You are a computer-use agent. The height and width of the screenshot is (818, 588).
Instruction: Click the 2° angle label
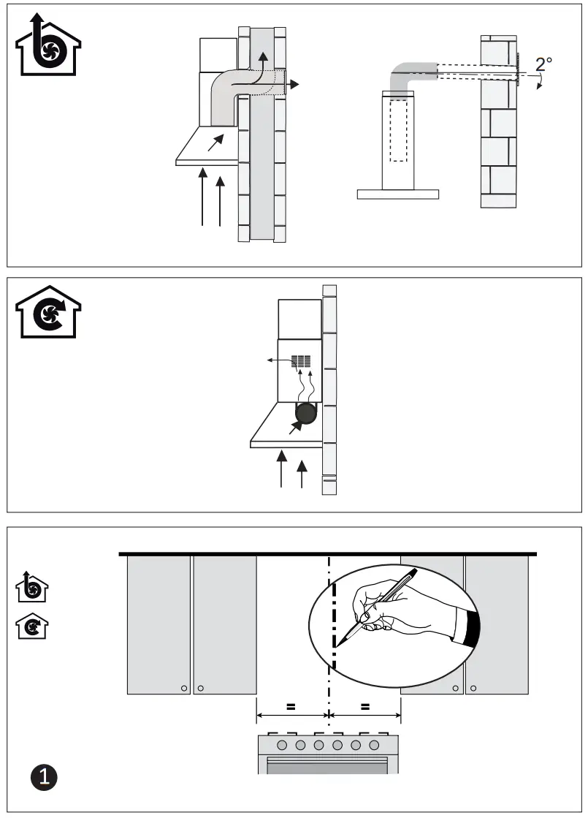(x=543, y=64)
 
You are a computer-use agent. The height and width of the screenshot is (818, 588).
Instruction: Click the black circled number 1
(x=45, y=776)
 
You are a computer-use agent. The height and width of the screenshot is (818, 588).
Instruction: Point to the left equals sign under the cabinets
(x=291, y=707)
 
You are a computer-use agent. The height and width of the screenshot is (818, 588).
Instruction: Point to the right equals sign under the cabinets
(x=365, y=707)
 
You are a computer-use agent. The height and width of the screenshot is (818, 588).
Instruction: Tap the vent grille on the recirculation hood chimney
(x=301, y=361)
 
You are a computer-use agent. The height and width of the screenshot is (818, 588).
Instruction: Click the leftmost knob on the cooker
(x=282, y=746)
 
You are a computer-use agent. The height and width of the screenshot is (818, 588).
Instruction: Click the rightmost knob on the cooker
(x=374, y=746)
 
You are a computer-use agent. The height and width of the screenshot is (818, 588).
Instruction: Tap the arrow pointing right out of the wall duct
(x=292, y=85)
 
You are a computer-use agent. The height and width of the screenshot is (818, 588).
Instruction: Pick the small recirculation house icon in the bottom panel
(x=33, y=626)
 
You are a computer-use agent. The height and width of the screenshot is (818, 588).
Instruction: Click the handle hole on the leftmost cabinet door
(x=183, y=688)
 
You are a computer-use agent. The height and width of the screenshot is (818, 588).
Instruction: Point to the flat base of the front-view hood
(x=398, y=194)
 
